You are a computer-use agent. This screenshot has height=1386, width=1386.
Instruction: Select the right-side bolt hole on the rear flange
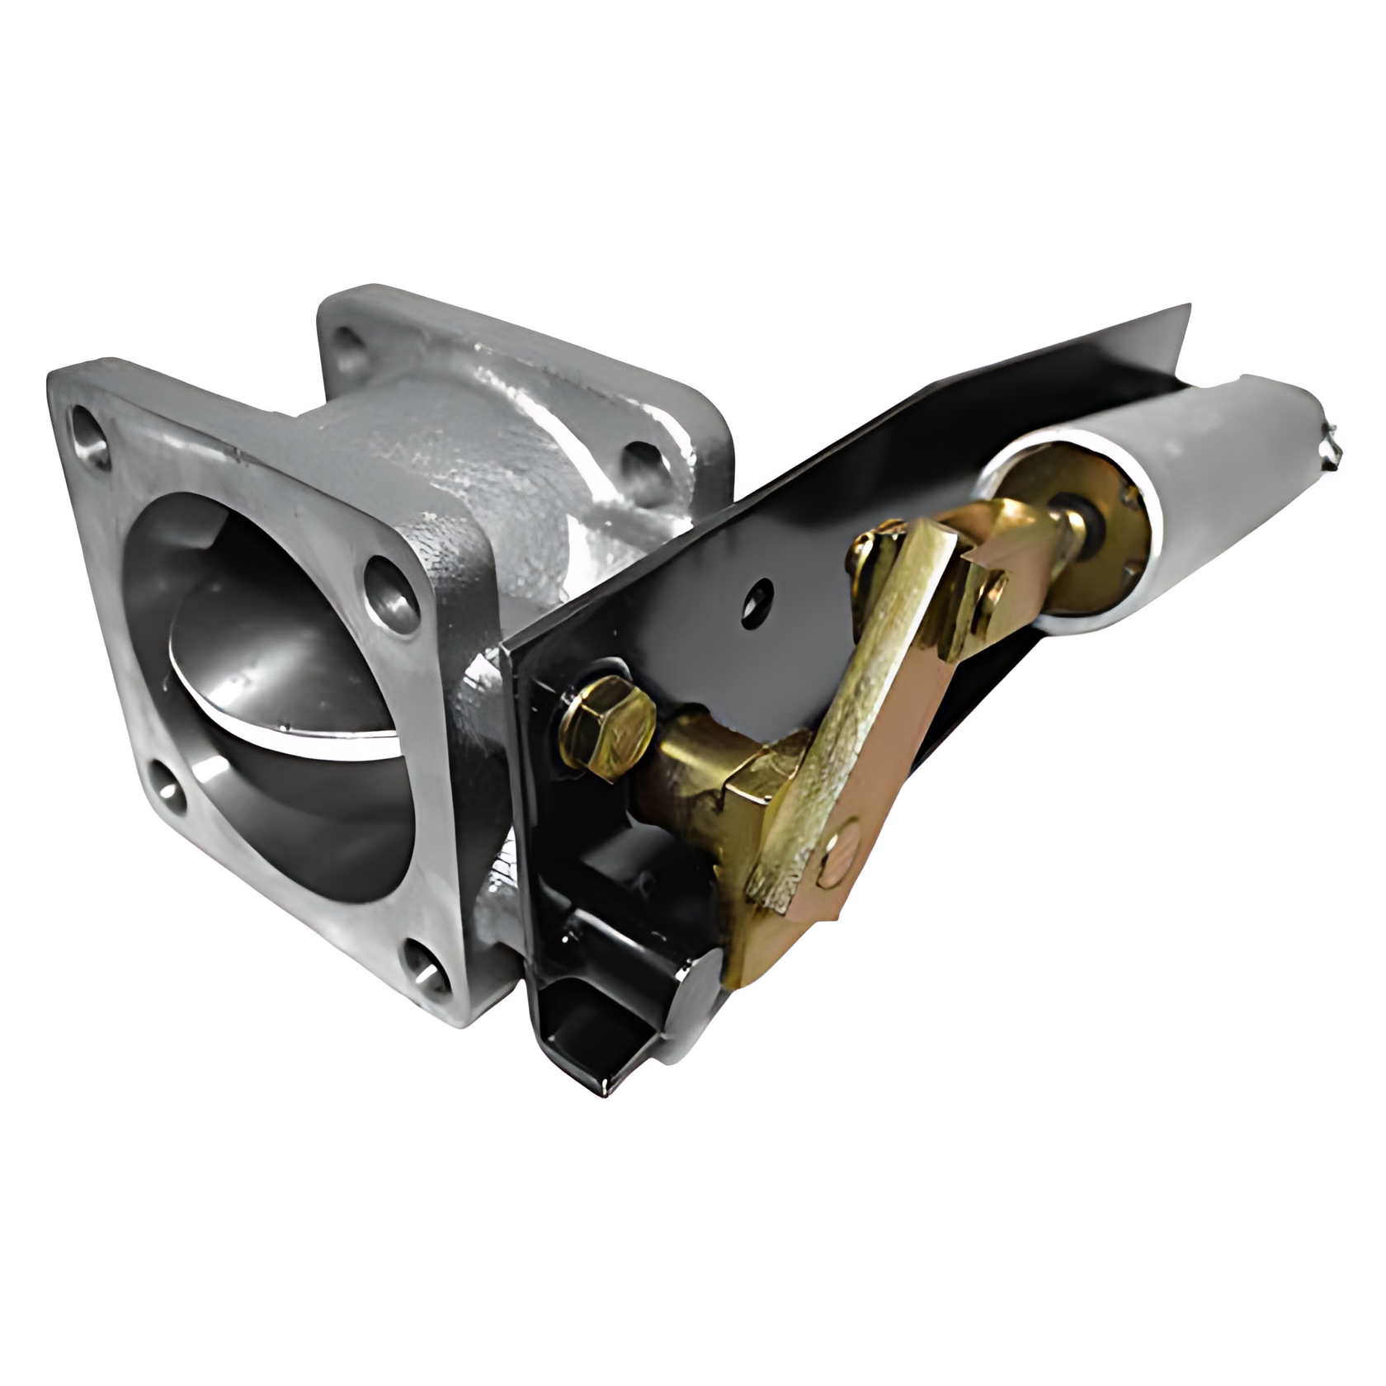point(642,462)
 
